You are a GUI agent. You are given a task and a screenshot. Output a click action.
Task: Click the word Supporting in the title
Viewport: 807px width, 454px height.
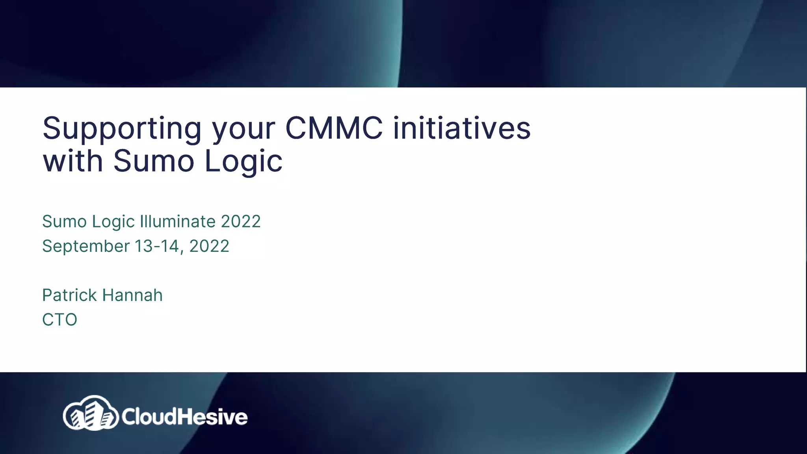click(122, 129)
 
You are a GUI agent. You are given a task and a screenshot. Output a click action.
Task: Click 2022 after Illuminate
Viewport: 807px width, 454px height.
click(240, 221)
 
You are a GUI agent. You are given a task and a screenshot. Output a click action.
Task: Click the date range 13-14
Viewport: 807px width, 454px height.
click(156, 246)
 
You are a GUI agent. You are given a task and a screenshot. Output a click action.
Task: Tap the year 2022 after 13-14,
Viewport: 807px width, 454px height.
click(209, 246)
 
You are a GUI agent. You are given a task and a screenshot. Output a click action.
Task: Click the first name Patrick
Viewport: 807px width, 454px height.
click(70, 295)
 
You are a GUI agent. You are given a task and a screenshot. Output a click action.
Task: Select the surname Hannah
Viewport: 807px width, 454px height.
click(132, 295)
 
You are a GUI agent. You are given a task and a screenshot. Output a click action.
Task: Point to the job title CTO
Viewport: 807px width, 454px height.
click(60, 320)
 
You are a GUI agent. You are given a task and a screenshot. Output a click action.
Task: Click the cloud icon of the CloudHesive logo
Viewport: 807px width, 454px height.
click(91, 413)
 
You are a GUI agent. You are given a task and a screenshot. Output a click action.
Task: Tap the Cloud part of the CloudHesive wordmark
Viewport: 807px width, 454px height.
click(148, 417)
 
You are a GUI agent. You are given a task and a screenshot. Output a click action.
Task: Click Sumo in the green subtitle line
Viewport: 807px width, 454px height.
click(64, 221)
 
